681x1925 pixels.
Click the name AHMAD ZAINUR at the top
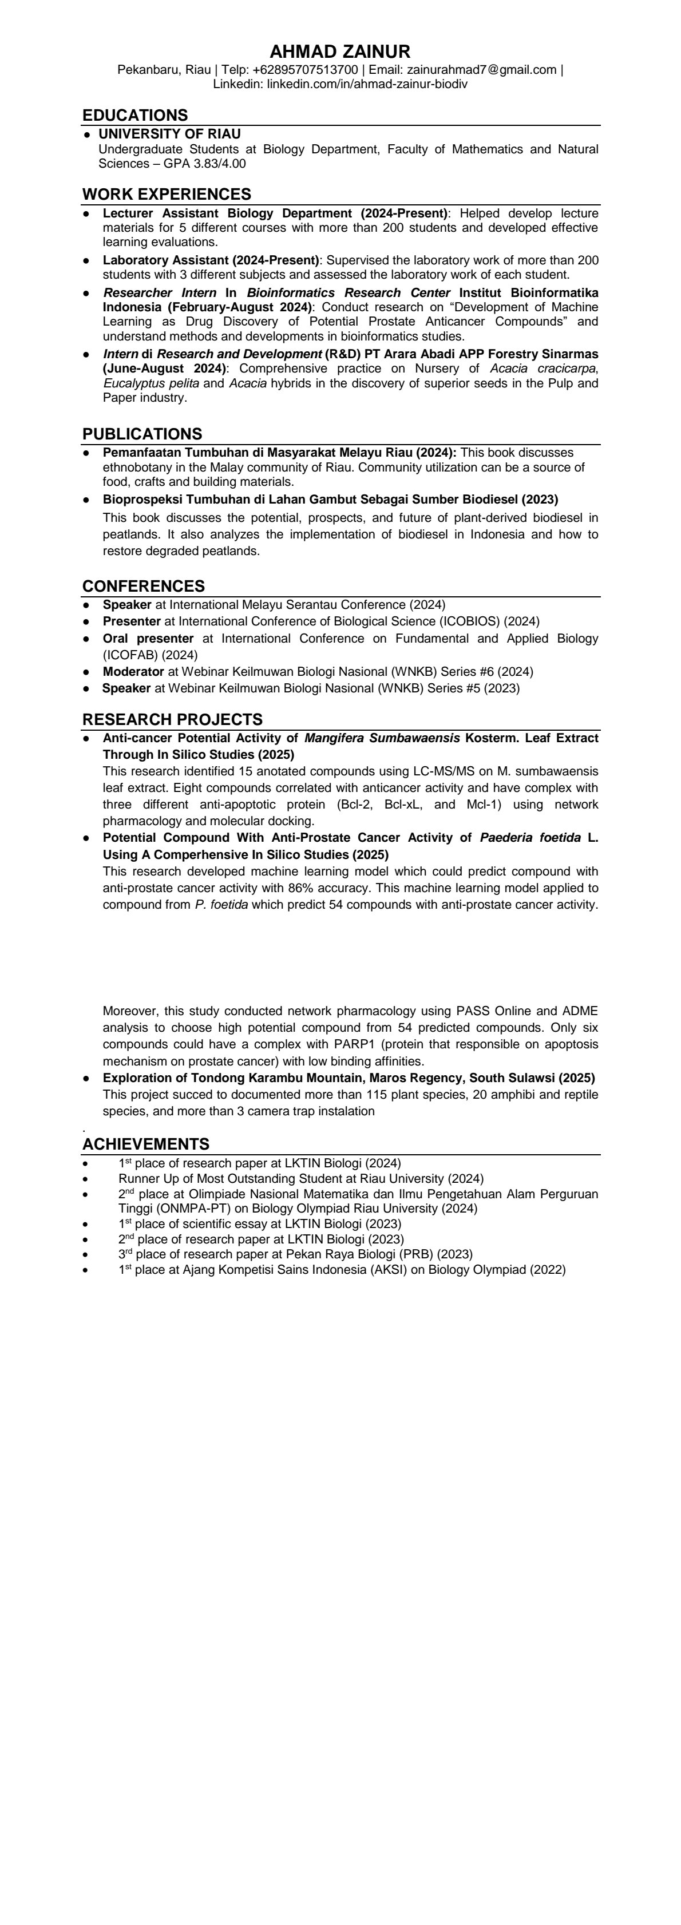click(x=339, y=52)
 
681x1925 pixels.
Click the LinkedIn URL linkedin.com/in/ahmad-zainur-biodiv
click(x=367, y=84)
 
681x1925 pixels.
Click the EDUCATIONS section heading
click(x=134, y=115)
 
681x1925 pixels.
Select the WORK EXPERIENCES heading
click(x=166, y=195)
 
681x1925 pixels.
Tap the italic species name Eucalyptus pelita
click(x=151, y=383)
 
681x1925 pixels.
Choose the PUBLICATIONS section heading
click(x=142, y=434)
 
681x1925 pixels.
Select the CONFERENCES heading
click(x=144, y=586)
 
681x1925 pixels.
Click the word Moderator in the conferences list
click(x=134, y=672)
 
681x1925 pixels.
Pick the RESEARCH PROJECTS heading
click(x=172, y=720)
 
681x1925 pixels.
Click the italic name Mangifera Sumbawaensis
click(x=382, y=738)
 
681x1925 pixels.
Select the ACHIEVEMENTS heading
click(x=146, y=1144)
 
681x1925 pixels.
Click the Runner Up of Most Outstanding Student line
click(x=300, y=1178)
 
